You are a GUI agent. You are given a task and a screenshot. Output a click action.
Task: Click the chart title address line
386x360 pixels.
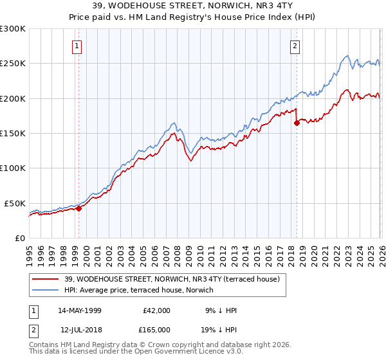point(193,6)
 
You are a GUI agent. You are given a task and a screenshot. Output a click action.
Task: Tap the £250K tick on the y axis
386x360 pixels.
point(13,64)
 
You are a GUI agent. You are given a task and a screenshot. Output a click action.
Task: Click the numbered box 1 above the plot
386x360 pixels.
point(77,46)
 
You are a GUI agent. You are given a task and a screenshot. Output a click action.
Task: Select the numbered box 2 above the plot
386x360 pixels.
point(295,46)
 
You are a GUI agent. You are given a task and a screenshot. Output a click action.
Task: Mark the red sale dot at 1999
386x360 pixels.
point(79,208)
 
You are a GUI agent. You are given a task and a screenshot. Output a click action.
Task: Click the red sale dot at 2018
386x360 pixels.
point(297,123)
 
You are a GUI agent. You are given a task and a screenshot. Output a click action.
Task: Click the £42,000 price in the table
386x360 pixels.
point(156,310)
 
